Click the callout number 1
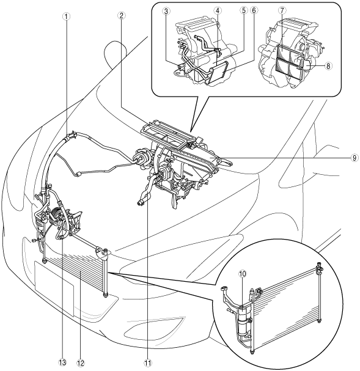click(x=67, y=16)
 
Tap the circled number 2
click(x=122, y=16)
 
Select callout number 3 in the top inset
click(x=166, y=11)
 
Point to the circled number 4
click(x=218, y=10)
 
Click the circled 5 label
click(x=243, y=10)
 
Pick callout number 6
click(x=254, y=10)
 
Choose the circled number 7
click(x=282, y=10)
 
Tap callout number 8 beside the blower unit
click(x=328, y=66)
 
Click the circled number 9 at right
click(x=354, y=158)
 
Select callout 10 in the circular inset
click(x=243, y=274)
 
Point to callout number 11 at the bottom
click(x=148, y=362)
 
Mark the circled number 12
click(x=81, y=362)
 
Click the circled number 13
click(x=62, y=362)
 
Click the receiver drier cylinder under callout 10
click(x=243, y=321)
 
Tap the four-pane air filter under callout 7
click(x=290, y=61)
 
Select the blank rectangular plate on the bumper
click(x=54, y=288)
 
